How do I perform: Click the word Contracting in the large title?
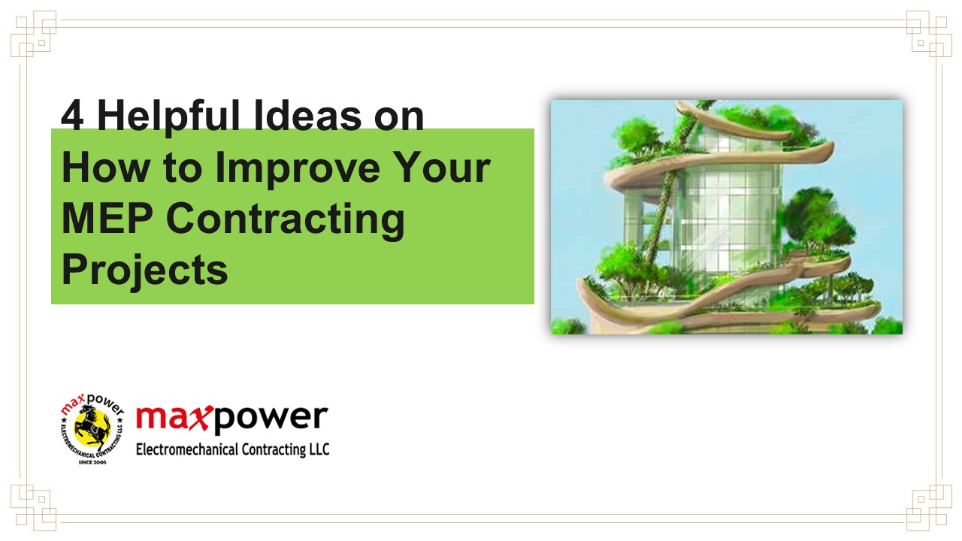[x=285, y=219]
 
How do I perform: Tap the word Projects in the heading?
[x=144, y=269]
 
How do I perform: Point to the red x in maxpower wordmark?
[x=199, y=418]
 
